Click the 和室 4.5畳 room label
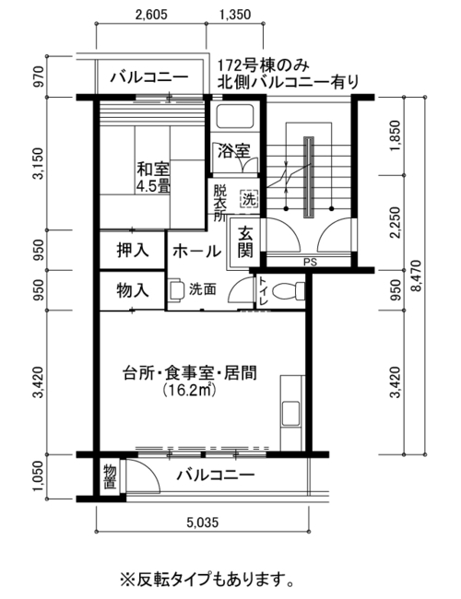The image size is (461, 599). click(x=154, y=177)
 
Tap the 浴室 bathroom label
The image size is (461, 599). click(x=233, y=151)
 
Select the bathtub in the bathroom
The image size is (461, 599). click(x=235, y=116)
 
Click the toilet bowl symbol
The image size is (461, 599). click(x=289, y=290)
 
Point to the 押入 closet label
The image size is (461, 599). click(x=133, y=251)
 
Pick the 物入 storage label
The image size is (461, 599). click(x=133, y=290)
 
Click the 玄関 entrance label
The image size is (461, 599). click(x=245, y=242)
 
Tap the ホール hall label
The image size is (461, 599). click(x=196, y=252)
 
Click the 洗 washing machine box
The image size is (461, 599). click(x=249, y=199)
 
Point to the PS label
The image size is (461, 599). click(x=310, y=263)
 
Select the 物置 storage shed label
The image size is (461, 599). click(x=110, y=476)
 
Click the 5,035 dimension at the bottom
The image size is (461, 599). click(x=203, y=522)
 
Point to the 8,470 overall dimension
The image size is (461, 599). click(x=416, y=276)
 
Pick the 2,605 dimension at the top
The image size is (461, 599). click(x=151, y=15)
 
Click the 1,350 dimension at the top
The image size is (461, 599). click(x=235, y=15)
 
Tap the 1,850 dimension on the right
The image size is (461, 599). click(x=396, y=136)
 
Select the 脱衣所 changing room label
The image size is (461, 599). click(x=219, y=203)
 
